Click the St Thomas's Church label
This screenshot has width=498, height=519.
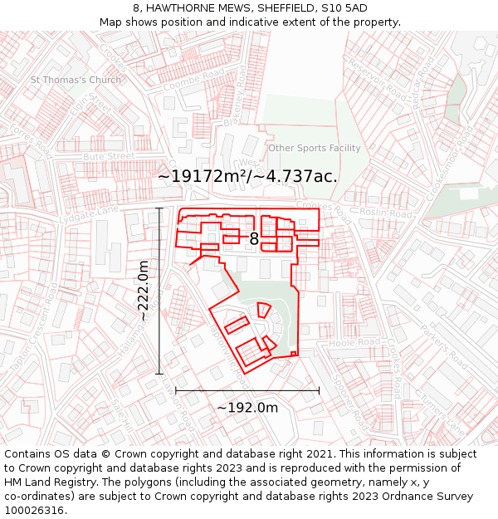tap(76, 80)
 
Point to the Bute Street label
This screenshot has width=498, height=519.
tap(109, 155)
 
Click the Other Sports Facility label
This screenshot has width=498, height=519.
tap(314, 148)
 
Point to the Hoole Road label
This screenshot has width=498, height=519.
tap(354, 342)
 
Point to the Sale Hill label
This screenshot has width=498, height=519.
tap(123, 415)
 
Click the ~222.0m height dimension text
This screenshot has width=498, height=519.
tap(144, 291)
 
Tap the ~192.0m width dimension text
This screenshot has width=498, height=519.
tap(247, 407)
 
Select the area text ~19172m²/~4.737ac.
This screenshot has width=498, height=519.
tap(247, 176)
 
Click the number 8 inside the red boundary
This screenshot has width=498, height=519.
tap(254, 239)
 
